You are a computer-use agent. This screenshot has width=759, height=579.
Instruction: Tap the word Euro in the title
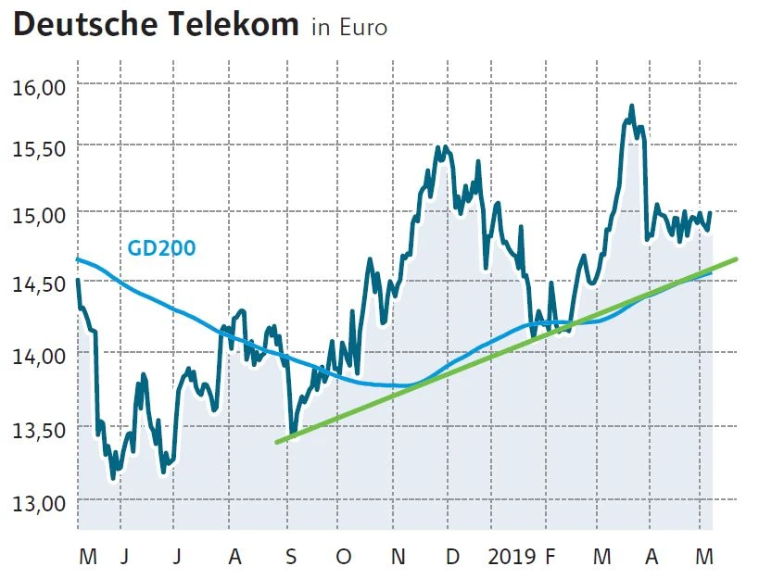(x=362, y=28)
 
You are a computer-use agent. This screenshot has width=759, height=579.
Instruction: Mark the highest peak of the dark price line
(x=631, y=107)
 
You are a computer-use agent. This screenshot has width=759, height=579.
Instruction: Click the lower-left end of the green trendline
(x=277, y=442)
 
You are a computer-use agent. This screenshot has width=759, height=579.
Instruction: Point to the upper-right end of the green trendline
(x=736, y=259)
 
